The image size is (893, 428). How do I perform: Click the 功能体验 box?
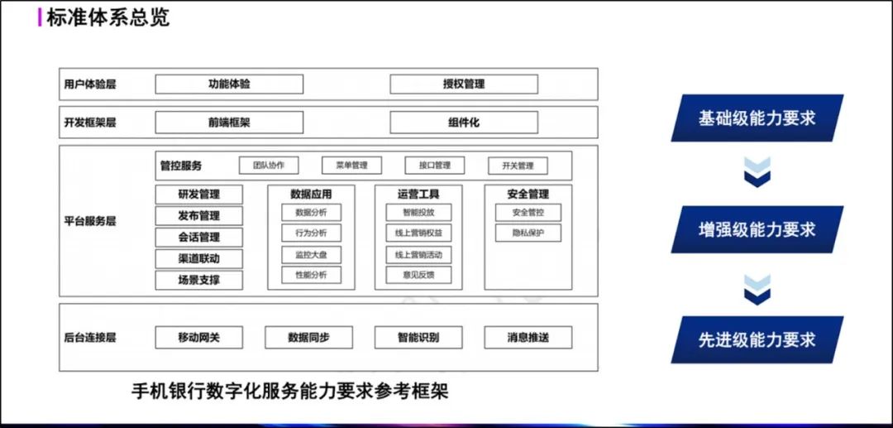point(229,84)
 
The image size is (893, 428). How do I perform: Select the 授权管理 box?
point(464,84)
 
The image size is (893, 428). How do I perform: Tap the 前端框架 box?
point(229,123)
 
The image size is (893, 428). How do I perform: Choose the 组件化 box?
point(464,123)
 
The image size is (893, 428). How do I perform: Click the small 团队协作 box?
point(269,166)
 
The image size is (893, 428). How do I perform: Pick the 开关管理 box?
point(518,166)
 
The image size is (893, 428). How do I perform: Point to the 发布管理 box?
point(198,215)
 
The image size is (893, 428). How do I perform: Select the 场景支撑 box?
point(198,280)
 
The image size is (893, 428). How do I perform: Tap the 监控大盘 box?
point(312,255)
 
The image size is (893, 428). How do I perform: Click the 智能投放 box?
point(418,213)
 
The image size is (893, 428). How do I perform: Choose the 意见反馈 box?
point(418,275)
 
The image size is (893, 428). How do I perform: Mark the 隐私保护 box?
point(528,233)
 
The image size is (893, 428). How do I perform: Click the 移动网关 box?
point(198,338)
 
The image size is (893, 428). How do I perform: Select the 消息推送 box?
point(528,338)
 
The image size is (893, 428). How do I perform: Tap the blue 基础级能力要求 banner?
point(757,118)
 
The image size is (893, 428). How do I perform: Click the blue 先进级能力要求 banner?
point(757,339)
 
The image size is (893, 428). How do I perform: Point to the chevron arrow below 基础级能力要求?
point(757,172)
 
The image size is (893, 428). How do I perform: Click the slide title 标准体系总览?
point(107,17)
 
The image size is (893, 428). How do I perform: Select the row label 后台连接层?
point(90,338)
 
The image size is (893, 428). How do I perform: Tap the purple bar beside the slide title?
point(40,17)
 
